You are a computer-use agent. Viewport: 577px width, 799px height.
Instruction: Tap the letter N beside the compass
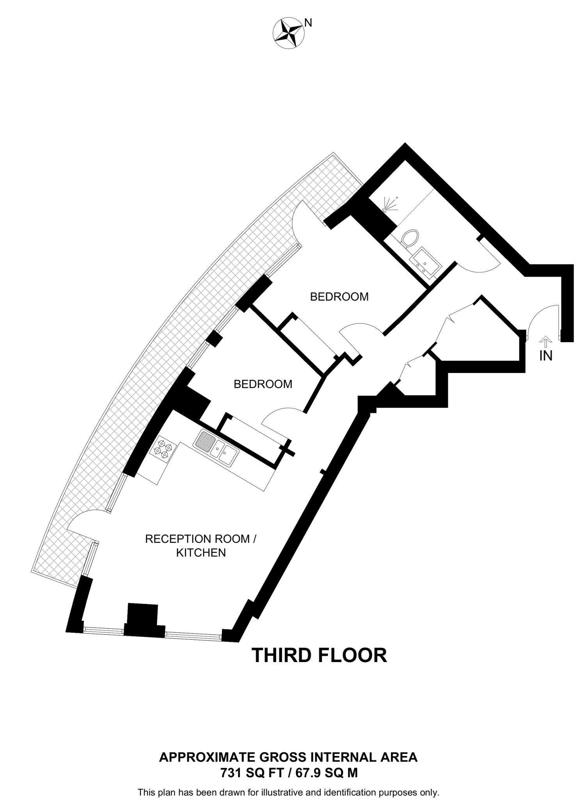308,23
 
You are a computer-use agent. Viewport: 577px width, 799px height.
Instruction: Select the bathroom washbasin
426,263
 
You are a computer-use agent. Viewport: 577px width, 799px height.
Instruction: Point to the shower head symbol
389,205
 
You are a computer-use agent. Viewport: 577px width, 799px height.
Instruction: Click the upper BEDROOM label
339,297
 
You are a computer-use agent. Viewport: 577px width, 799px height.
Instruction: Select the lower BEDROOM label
263,384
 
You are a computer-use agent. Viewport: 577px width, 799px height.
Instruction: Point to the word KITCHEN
201,553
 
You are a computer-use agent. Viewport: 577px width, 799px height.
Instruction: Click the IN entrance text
546,356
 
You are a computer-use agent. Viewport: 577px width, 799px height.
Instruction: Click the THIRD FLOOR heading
319,655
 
